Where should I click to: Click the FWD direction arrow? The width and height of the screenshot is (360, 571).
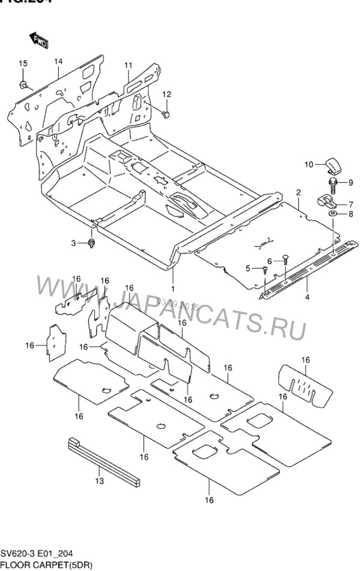[x=39, y=41]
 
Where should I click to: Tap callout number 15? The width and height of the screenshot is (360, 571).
[x=22, y=64]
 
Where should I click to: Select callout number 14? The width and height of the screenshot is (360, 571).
[x=59, y=61]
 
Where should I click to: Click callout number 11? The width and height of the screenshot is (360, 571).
[x=128, y=65]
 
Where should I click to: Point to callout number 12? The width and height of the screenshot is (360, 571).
[x=166, y=94]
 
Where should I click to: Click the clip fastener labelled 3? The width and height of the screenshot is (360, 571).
[x=92, y=243]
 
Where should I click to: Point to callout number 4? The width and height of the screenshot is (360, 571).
[x=307, y=296]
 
